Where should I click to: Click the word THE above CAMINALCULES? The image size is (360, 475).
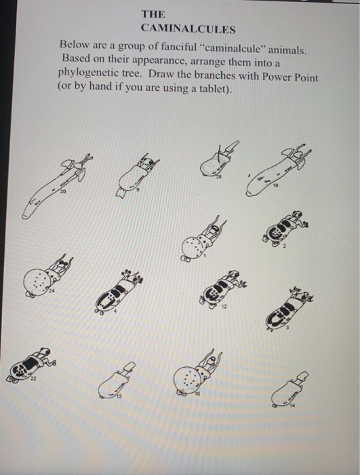[x=153, y=13]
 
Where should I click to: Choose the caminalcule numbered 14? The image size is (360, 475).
[x=289, y=390]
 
